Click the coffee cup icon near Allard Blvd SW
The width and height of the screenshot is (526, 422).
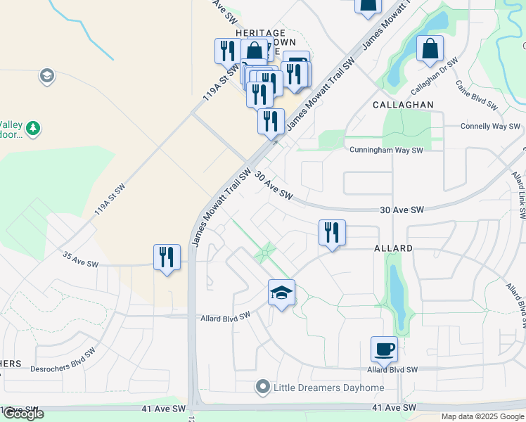(x=385, y=350)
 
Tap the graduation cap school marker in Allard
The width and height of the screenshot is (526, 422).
(x=281, y=293)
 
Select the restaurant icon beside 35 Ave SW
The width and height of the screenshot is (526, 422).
(x=167, y=257)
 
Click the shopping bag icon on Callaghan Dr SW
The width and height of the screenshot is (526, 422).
(x=430, y=49)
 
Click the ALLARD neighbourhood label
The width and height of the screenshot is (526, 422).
(x=394, y=249)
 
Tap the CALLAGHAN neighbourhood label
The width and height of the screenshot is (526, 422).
(x=403, y=104)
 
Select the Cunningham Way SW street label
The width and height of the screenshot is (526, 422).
(x=386, y=150)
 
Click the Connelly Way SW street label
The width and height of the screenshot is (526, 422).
(x=490, y=127)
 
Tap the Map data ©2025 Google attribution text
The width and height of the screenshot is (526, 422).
(x=482, y=416)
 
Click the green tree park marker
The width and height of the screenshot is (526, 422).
(x=32, y=129)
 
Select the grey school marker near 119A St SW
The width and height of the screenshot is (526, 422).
(x=47, y=76)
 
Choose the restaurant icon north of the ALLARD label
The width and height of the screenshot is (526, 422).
(x=332, y=232)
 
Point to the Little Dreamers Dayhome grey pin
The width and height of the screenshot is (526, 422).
(x=263, y=387)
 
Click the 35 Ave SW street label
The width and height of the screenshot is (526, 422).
(x=79, y=259)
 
